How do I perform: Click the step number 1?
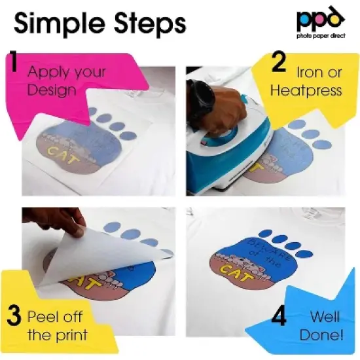pyautogui.click(x=13, y=63)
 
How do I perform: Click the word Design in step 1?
pyautogui.click(x=52, y=90)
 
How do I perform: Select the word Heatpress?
pyautogui.click(x=306, y=90)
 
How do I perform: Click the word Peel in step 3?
pyautogui.click(x=43, y=317)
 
